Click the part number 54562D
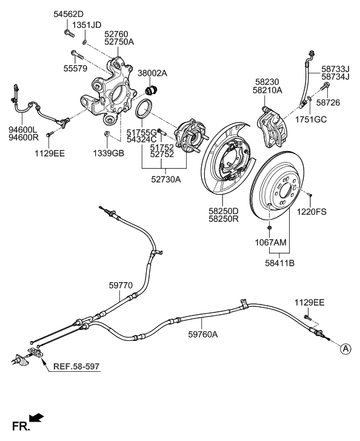pyautogui.click(x=68, y=13)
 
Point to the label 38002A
pyautogui.click(x=152, y=73)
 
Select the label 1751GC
pyautogui.click(x=311, y=120)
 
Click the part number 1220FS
pyautogui.click(x=312, y=212)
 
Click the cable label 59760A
pyautogui.click(x=203, y=333)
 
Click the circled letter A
pyautogui.click(x=345, y=348)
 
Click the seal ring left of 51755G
pyautogui.click(x=143, y=112)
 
